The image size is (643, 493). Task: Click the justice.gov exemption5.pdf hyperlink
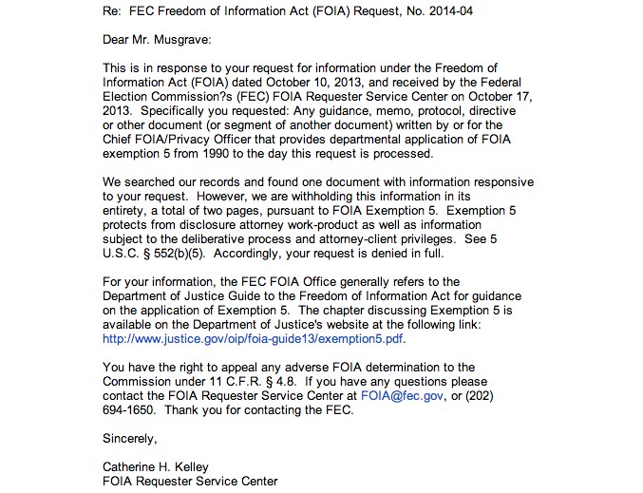[254, 338]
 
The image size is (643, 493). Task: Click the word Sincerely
[130, 439]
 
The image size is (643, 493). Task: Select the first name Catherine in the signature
[131, 467]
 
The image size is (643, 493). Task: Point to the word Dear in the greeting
[117, 40]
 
